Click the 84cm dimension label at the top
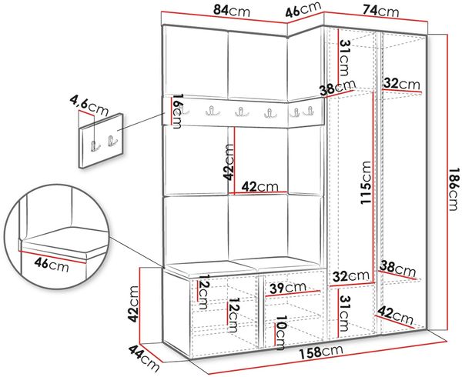231,12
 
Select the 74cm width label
380,12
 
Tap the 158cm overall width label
321,352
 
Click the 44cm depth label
144,359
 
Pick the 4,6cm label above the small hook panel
89,105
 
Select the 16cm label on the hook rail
177,111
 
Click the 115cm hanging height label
366,182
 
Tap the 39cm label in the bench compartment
288,288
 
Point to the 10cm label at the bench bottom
280,332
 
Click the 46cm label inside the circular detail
52,264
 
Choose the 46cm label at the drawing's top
303,10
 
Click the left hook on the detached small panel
95,146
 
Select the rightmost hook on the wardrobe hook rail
309,111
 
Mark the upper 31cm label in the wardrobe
344,58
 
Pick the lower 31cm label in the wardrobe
344,313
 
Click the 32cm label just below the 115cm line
350,276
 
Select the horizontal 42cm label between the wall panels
260,187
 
